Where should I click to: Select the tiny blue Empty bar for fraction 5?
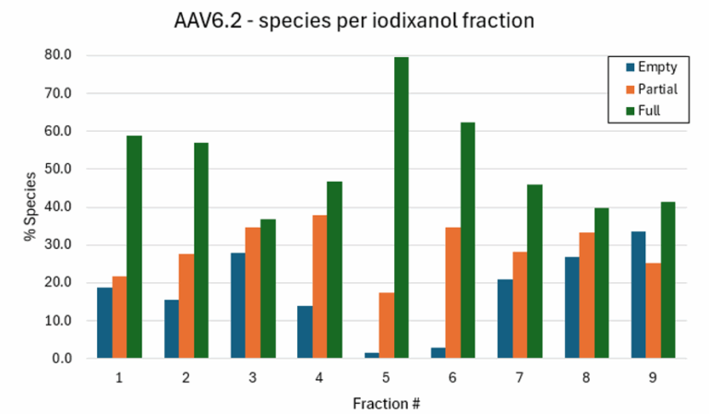coord(371,355)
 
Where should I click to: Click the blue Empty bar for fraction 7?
coord(505,319)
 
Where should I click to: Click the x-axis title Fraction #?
coord(386,403)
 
